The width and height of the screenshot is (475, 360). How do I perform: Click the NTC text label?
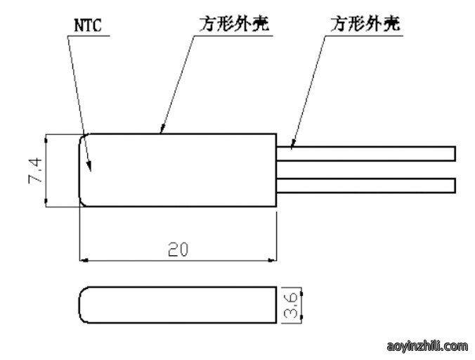coord(88,25)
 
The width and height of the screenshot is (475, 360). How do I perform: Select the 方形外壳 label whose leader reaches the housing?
coord(234,24)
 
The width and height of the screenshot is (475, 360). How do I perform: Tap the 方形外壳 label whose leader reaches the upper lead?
coord(365,24)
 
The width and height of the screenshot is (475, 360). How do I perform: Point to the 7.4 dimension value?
coord(35,170)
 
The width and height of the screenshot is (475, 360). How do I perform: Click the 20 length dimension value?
coord(178,250)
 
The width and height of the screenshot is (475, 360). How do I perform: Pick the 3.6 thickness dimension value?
coord(291,305)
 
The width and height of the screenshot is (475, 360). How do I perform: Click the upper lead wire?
coord(366,154)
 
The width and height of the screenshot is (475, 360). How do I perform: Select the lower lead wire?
coord(366,186)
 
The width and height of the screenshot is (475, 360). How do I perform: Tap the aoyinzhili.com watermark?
coord(427,346)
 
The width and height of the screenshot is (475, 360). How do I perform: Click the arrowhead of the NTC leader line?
coord(89,167)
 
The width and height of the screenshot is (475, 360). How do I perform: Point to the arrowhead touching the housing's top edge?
coord(162,129)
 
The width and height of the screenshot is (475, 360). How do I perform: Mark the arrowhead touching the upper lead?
coord(292,144)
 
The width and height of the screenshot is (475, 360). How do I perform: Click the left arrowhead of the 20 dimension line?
coord(84,260)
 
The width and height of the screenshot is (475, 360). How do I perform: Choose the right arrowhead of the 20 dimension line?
coord(272,260)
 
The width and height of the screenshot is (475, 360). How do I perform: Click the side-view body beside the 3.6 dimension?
coord(178,305)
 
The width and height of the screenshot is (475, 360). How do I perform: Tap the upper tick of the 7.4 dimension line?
coord(46,141)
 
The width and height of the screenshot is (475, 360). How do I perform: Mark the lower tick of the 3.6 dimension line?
coord(301,317)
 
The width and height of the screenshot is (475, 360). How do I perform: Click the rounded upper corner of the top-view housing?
coord(82,137)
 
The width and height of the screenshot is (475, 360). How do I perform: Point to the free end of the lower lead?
coord(455,186)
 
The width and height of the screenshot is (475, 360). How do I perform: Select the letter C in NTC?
coord(97,25)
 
